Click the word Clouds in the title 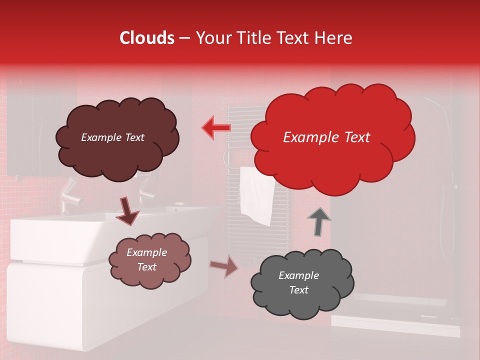(x=147, y=38)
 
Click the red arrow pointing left (x=216, y=127)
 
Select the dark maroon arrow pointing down (x=127, y=210)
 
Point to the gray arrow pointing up (x=319, y=221)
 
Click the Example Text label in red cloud (x=326, y=137)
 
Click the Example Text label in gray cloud (x=298, y=282)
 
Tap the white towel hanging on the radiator (x=256, y=195)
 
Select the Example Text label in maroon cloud (x=112, y=137)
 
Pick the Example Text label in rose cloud (x=146, y=259)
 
